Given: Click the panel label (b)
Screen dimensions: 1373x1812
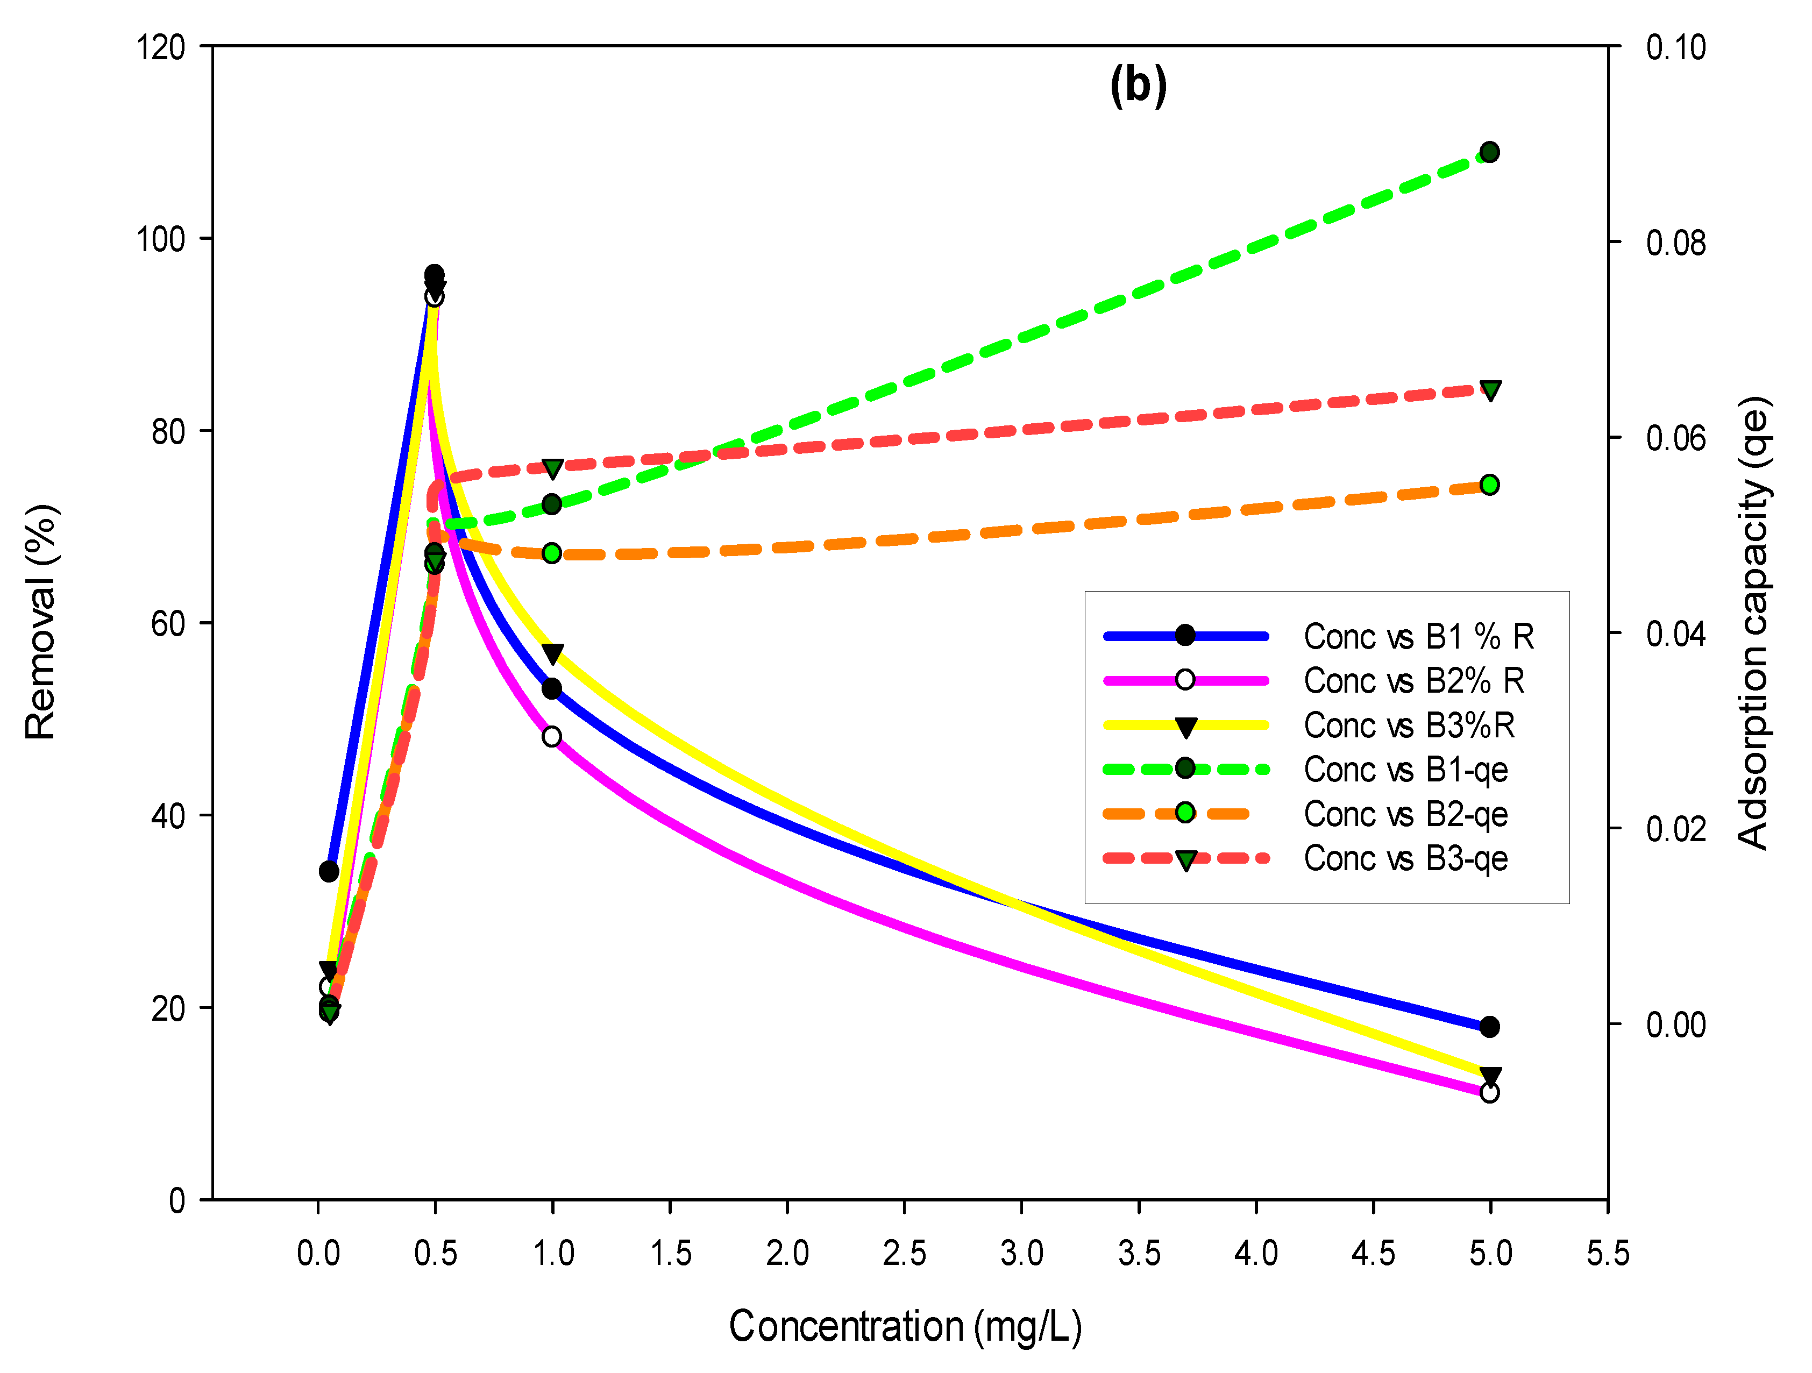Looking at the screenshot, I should [x=1138, y=85].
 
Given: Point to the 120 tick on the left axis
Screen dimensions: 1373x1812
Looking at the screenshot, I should [x=161, y=47].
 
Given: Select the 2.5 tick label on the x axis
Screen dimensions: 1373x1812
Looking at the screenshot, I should [x=904, y=1254].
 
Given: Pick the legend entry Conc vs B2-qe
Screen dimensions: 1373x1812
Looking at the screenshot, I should [x=1406, y=814].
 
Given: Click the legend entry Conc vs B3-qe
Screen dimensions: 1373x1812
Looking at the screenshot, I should [x=1406, y=858].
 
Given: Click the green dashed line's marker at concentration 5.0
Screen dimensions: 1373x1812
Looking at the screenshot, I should [x=1490, y=152].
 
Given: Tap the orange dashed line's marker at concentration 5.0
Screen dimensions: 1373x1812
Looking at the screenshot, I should [x=1490, y=485].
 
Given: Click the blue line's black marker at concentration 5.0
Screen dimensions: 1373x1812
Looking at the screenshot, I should [x=1490, y=1027].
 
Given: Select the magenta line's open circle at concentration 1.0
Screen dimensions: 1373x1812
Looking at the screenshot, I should [x=552, y=736].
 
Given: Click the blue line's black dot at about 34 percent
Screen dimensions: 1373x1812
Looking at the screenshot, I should [x=329, y=871].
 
